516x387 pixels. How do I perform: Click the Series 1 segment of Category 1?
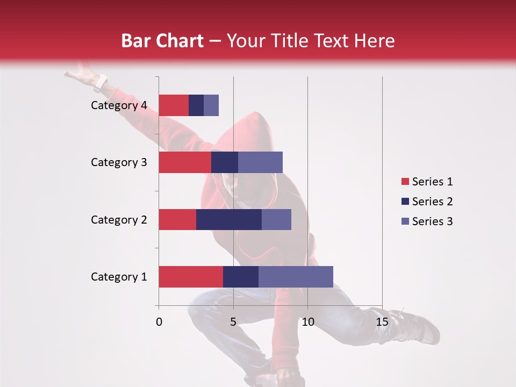(x=191, y=277)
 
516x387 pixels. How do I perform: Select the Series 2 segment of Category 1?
(x=241, y=277)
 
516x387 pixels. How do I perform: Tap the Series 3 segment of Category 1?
(x=296, y=277)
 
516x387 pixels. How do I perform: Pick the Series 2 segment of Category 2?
(x=229, y=219)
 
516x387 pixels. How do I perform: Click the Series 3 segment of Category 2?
(x=276, y=219)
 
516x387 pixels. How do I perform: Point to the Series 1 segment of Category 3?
(x=185, y=162)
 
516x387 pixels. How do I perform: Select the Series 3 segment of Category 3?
(x=260, y=162)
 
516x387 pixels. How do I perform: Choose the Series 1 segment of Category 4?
(x=174, y=105)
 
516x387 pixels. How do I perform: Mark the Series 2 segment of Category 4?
(x=196, y=105)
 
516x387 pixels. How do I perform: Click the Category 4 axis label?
(x=119, y=105)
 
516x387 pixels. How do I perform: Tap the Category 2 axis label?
(x=119, y=219)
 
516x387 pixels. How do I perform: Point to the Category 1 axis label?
(x=119, y=277)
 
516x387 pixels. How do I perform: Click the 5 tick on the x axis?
(x=233, y=322)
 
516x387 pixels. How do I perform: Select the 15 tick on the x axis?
(x=382, y=322)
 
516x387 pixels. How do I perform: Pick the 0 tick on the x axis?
(x=159, y=322)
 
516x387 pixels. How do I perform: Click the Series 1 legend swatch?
(x=405, y=182)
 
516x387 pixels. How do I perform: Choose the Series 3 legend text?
(x=432, y=221)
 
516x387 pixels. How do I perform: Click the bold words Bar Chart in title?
(x=162, y=41)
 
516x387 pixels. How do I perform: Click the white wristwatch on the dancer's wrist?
(x=100, y=83)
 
